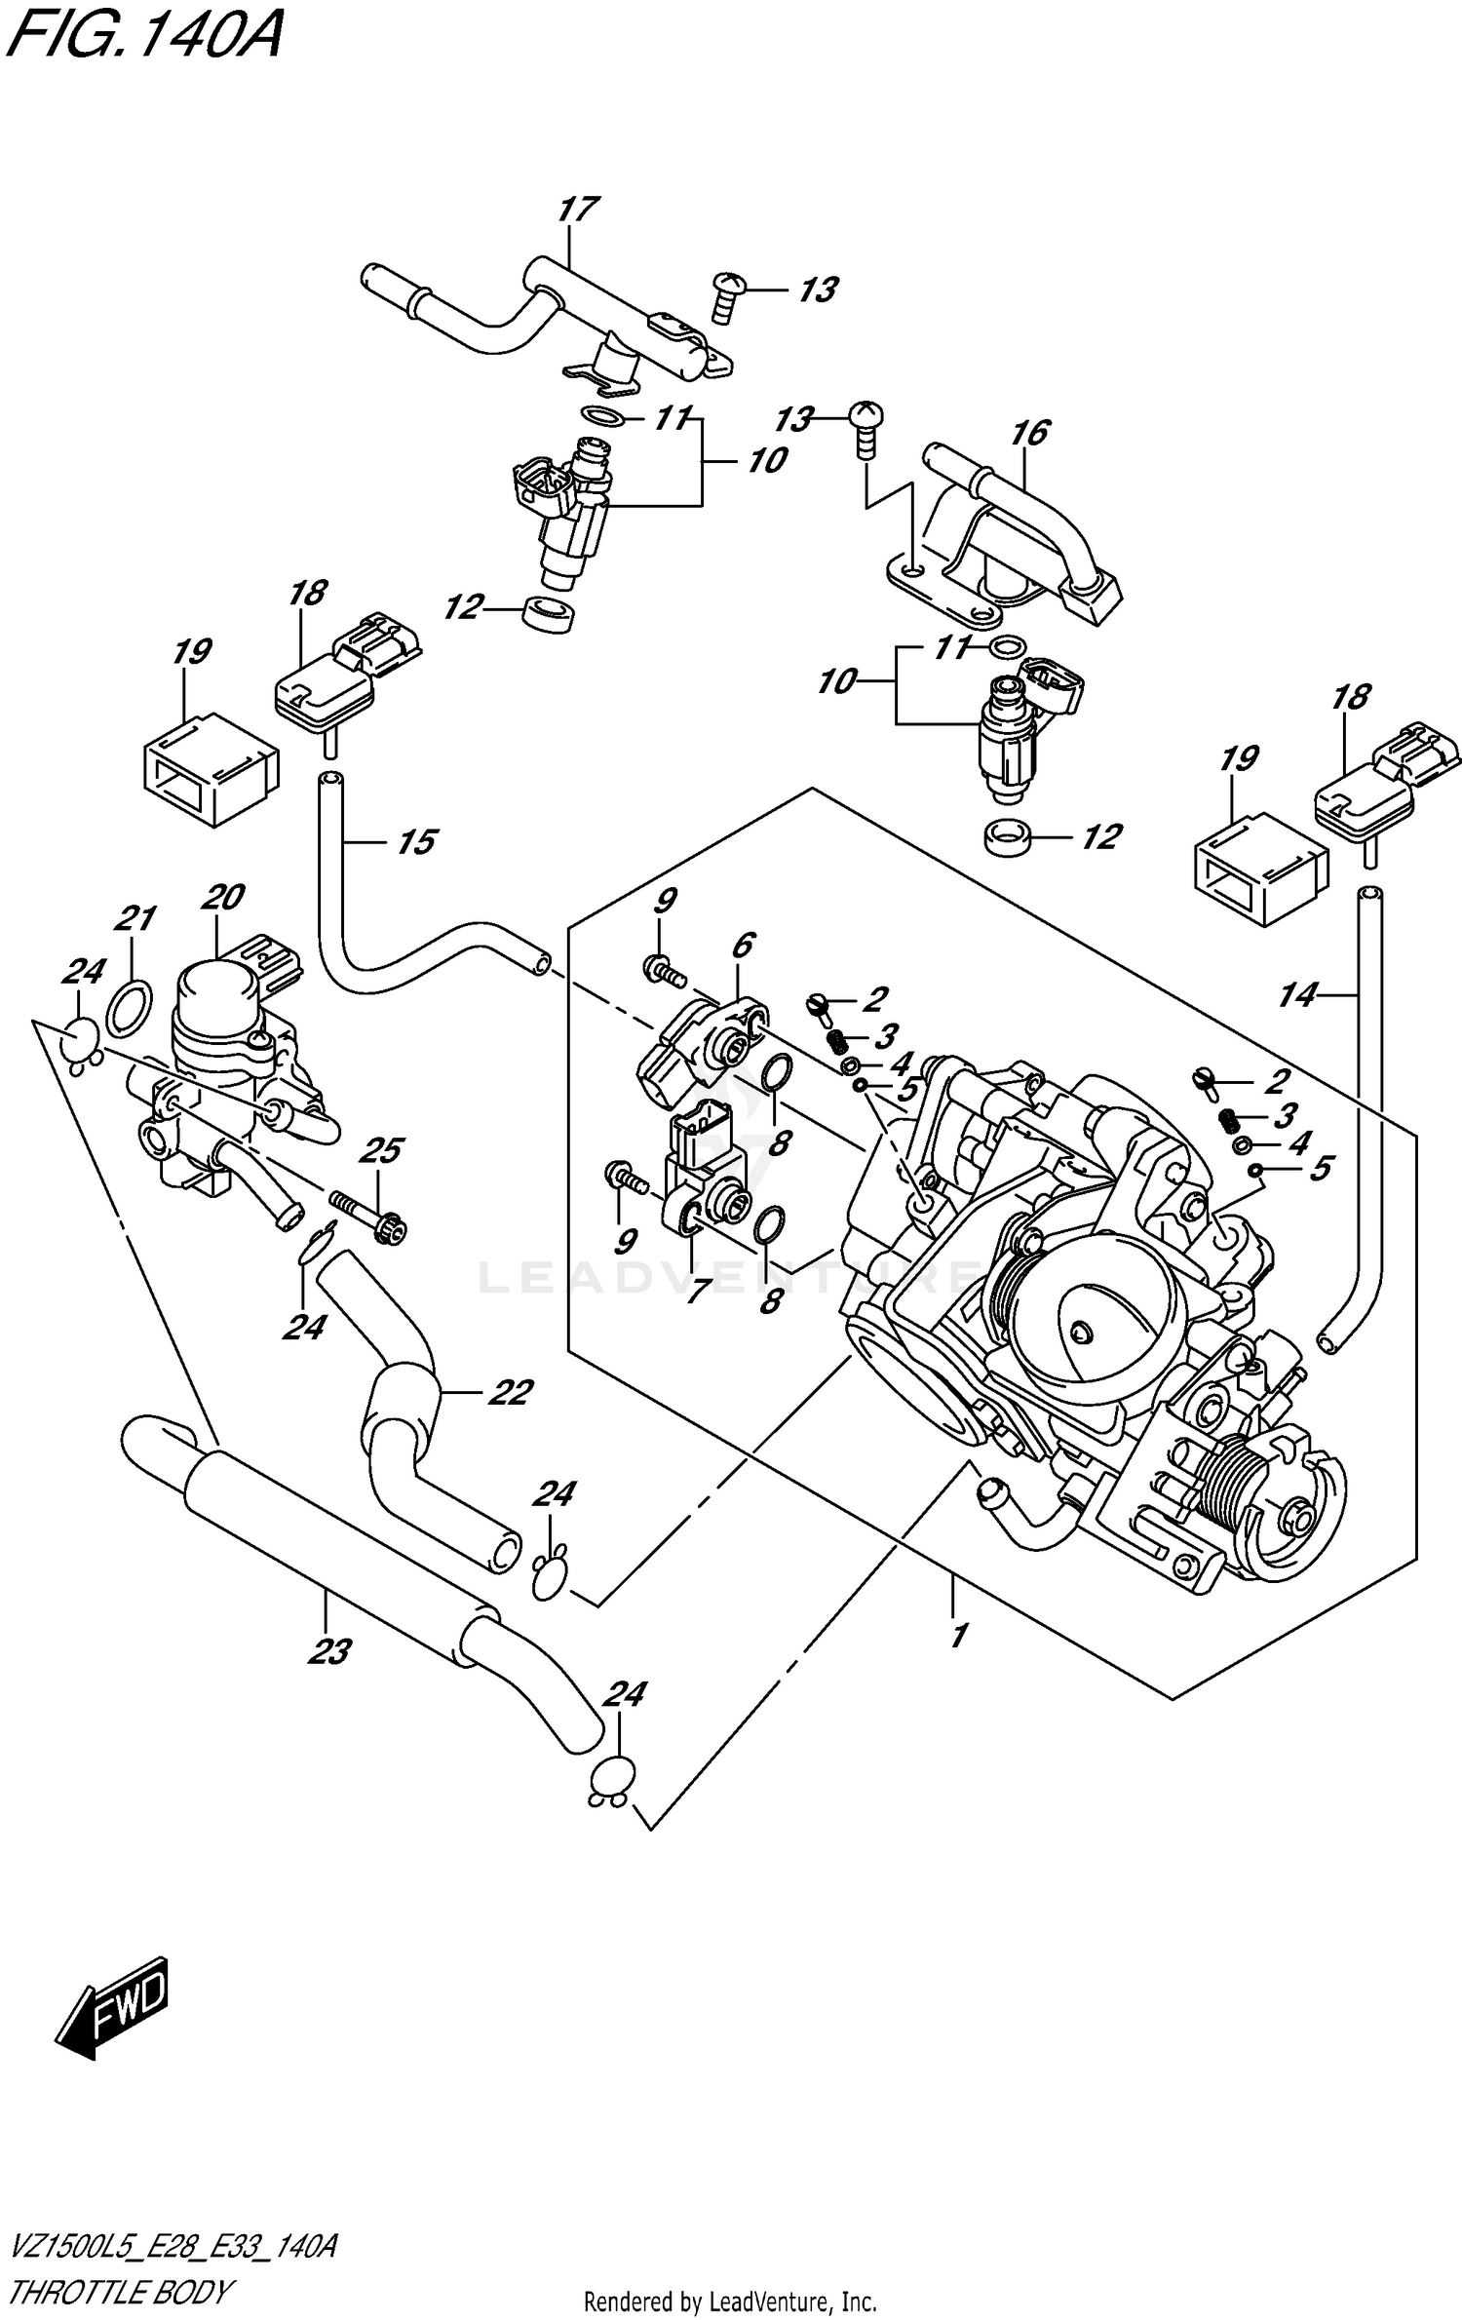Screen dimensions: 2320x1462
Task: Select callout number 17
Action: coord(578,210)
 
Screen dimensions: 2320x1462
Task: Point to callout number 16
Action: coord(1030,432)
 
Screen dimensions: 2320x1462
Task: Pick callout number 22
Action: coord(509,1392)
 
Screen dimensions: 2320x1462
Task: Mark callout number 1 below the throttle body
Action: coord(959,1635)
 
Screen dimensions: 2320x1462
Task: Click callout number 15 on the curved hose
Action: coord(417,841)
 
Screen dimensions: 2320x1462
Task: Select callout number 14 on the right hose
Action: coord(1297,995)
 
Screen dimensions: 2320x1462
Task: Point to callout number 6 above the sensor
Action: coord(742,945)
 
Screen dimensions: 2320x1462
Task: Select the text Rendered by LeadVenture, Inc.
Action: coord(730,2303)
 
